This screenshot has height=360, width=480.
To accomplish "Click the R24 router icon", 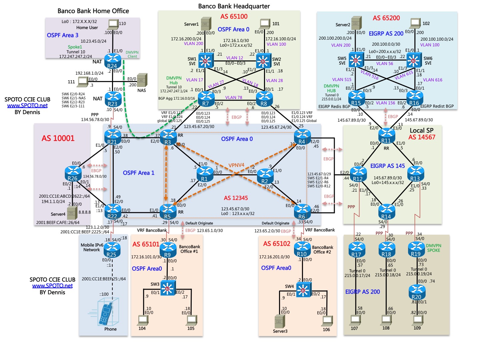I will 112,61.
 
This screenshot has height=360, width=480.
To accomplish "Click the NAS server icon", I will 142,80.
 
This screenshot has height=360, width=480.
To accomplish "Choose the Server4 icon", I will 72,213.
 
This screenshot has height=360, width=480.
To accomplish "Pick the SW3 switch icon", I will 168,288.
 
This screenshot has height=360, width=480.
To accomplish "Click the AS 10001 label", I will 58,138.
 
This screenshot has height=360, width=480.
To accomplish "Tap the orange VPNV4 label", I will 236,165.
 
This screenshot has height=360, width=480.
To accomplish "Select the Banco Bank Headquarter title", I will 234,6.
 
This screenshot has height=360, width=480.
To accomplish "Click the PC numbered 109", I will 417,320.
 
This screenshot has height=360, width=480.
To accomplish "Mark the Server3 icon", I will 280,321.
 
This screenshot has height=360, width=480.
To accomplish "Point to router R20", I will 416,292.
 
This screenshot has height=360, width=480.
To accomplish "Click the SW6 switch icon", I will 414,60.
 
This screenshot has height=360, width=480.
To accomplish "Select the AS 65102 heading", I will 277,244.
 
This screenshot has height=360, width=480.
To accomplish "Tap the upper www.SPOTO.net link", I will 27,106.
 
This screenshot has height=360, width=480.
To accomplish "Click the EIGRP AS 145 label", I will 387,166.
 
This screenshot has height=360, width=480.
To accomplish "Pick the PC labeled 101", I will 265,23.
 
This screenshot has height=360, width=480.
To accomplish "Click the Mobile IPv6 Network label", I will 92,247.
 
